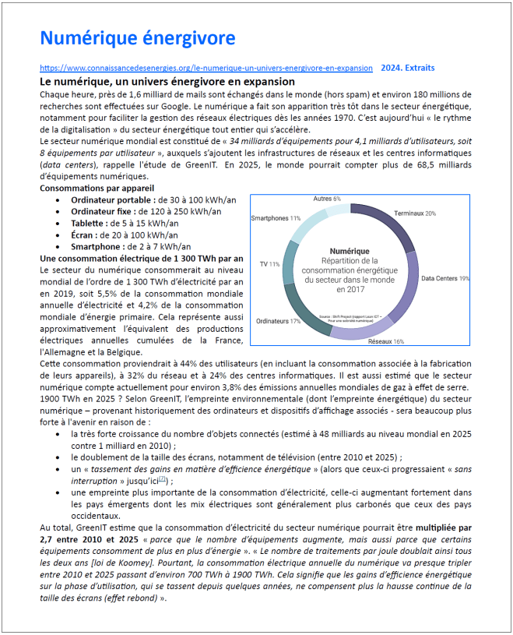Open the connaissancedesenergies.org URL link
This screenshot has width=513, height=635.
pyautogui.click(x=206, y=68)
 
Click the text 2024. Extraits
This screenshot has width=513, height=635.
pyautogui.click(x=408, y=68)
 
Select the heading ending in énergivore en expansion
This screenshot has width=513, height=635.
pyautogui.click(x=167, y=82)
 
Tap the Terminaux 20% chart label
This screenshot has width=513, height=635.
pyautogui.click(x=414, y=213)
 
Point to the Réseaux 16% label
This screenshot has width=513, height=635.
pyautogui.click(x=386, y=341)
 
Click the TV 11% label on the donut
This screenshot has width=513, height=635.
pyautogui.click(x=269, y=264)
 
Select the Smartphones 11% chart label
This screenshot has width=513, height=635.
pyautogui.click(x=276, y=218)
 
